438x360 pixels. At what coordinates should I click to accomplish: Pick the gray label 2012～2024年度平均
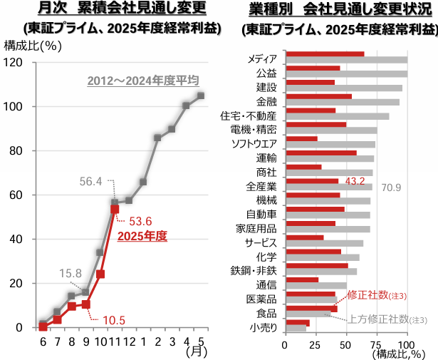[x=142, y=81]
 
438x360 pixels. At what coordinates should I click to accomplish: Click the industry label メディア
[x=261, y=58]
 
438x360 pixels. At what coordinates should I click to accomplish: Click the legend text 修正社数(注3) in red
[x=386, y=294]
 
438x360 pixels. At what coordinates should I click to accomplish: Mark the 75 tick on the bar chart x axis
[x=377, y=345]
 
